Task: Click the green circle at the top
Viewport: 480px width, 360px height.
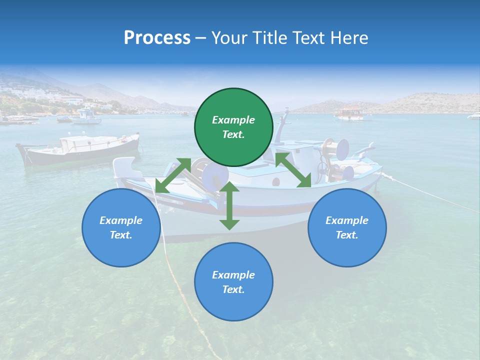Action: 233,127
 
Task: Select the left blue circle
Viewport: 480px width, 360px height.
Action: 121,227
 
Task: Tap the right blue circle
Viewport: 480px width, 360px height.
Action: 347,227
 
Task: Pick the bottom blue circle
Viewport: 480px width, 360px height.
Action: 233,282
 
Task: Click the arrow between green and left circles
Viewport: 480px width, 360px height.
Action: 173,175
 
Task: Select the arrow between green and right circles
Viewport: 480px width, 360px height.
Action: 293,170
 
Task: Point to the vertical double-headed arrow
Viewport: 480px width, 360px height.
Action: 229,205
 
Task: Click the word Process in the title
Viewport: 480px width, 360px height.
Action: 157,37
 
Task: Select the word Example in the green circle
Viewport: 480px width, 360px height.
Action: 233,120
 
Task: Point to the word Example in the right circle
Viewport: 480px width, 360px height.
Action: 347,220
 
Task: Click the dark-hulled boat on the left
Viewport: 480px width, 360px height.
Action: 79,149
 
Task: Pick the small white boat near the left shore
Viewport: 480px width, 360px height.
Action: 86,117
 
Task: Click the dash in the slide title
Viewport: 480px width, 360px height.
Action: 201,38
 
